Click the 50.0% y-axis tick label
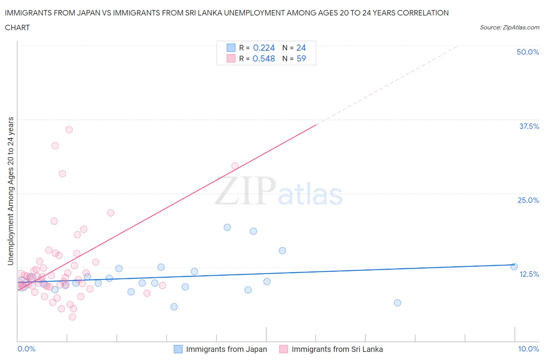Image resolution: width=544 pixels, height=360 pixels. coord(528,52)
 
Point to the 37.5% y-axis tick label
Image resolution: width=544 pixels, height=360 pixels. coord(529,126)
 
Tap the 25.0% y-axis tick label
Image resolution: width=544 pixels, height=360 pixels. coord(528,200)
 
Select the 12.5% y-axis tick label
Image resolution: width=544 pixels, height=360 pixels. coord(529,274)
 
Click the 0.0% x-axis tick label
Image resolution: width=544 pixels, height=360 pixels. coord(26,349)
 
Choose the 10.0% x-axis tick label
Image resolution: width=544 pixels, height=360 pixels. coord(529,349)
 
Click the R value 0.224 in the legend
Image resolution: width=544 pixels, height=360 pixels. coord(263,48)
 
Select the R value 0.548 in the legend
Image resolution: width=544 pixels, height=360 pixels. coord(263,58)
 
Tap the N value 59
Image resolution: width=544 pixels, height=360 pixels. coord(301,58)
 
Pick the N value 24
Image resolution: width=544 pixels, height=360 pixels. coord(301,48)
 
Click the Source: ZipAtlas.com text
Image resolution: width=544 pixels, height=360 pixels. coord(509,27)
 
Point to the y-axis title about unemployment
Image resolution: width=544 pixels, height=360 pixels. coord(11,191)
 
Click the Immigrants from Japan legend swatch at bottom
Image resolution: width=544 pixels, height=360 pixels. coord(178,349)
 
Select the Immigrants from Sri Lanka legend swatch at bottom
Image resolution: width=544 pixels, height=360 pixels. coord(284,349)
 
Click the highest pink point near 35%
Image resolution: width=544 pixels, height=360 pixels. coord(69,130)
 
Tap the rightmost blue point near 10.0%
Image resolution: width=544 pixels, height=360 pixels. coord(514,266)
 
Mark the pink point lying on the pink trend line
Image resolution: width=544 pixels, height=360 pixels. coord(235,166)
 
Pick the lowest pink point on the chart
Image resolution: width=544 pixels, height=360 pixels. coord(72,317)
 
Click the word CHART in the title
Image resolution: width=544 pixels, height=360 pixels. coord(17,27)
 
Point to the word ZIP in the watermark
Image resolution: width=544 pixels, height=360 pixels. coord(245,190)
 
